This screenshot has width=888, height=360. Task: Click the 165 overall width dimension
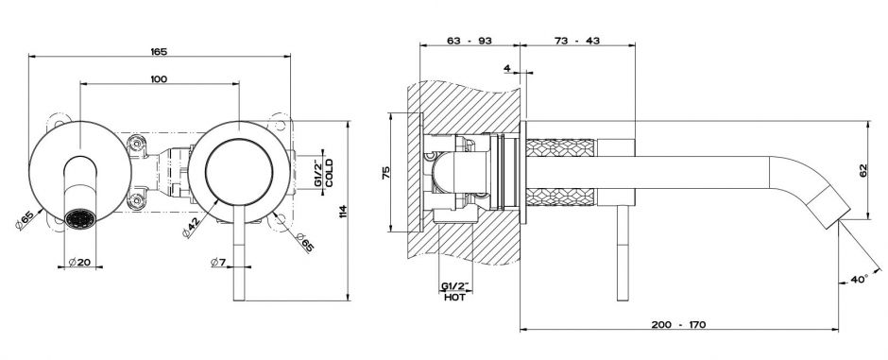[x=159, y=52]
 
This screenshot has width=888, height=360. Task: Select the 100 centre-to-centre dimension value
[x=159, y=78]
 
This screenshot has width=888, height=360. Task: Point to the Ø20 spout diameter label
[x=79, y=262]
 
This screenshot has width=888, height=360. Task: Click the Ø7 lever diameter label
[x=218, y=262]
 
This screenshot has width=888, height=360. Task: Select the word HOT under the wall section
[x=455, y=298]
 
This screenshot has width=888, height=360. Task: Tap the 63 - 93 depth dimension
[x=470, y=41]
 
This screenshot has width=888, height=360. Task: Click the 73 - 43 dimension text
[x=577, y=41]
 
